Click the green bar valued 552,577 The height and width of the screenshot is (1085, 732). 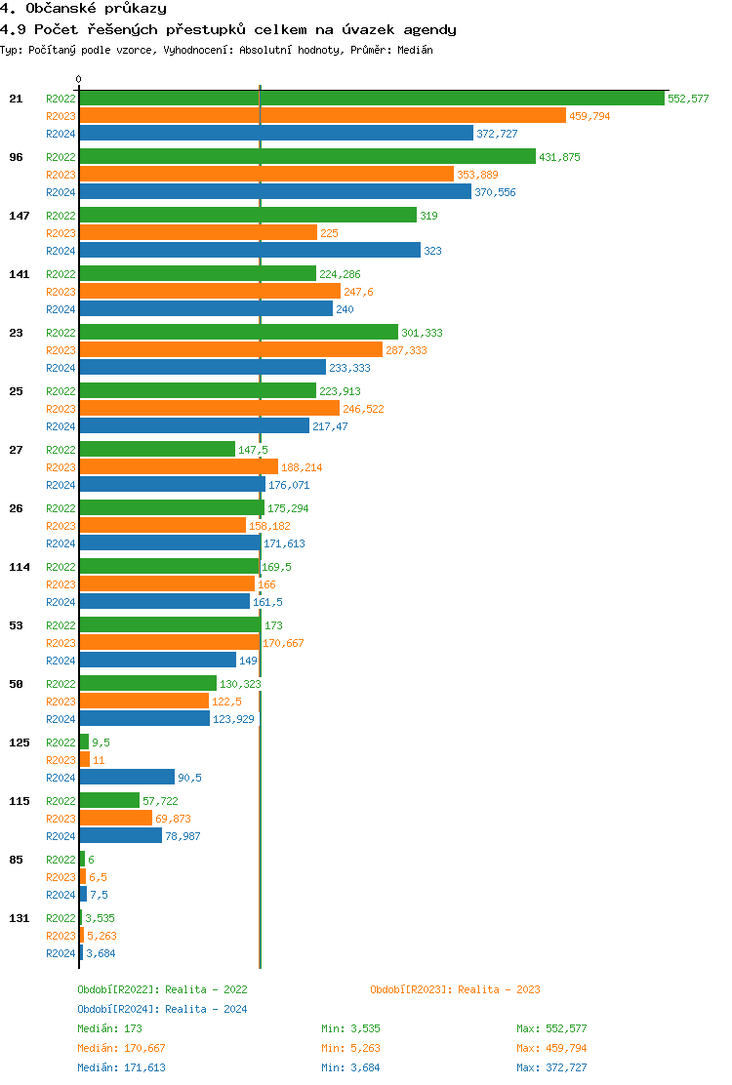pyautogui.click(x=371, y=98)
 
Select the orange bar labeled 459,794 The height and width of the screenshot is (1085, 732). pyautogui.click(x=322, y=115)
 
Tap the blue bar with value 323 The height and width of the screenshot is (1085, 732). pyautogui.click(x=249, y=250)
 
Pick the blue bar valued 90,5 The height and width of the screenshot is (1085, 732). pyautogui.click(x=127, y=777)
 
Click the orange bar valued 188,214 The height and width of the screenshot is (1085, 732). pyautogui.click(x=178, y=466)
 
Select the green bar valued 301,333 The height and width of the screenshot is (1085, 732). pyautogui.click(x=238, y=332)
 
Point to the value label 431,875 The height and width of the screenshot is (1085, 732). pyautogui.click(x=559, y=157)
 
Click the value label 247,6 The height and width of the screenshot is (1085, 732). pyautogui.click(x=358, y=292)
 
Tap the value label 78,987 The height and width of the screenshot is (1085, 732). pyautogui.click(x=183, y=836)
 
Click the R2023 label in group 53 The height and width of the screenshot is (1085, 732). pyautogui.click(x=61, y=643)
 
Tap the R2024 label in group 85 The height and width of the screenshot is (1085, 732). pyautogui.click(x=61, y=895)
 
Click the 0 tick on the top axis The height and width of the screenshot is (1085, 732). pyautogui.click(x=79, y=80)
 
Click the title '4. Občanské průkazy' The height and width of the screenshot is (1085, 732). pyautogui.click(x=83, y=9)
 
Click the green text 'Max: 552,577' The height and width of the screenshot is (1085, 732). pyautogui.click(x=551, y=1028)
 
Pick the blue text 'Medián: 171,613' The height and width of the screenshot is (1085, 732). pyautogui.click(x=121, y=1067)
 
